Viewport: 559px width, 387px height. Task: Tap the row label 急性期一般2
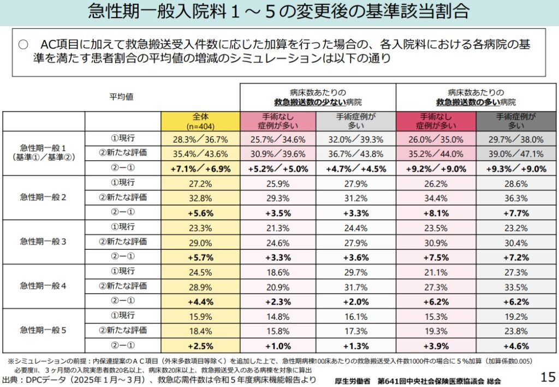[43, 198]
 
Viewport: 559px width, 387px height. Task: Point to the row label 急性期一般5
[43, 330]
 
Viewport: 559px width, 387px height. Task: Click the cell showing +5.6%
[200, 213]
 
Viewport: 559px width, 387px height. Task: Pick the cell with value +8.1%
[436, 213]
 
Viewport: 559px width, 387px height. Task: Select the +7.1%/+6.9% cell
[200, 168]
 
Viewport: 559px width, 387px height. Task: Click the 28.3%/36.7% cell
[200, 139]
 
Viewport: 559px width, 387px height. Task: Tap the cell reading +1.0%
[277, 346]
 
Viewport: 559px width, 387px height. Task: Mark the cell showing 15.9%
[200, 316]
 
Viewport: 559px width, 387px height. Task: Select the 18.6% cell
[277, 272]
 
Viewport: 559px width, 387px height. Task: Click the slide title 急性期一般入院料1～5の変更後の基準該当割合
[278, 12]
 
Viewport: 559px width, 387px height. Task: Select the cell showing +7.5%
[436, 257]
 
